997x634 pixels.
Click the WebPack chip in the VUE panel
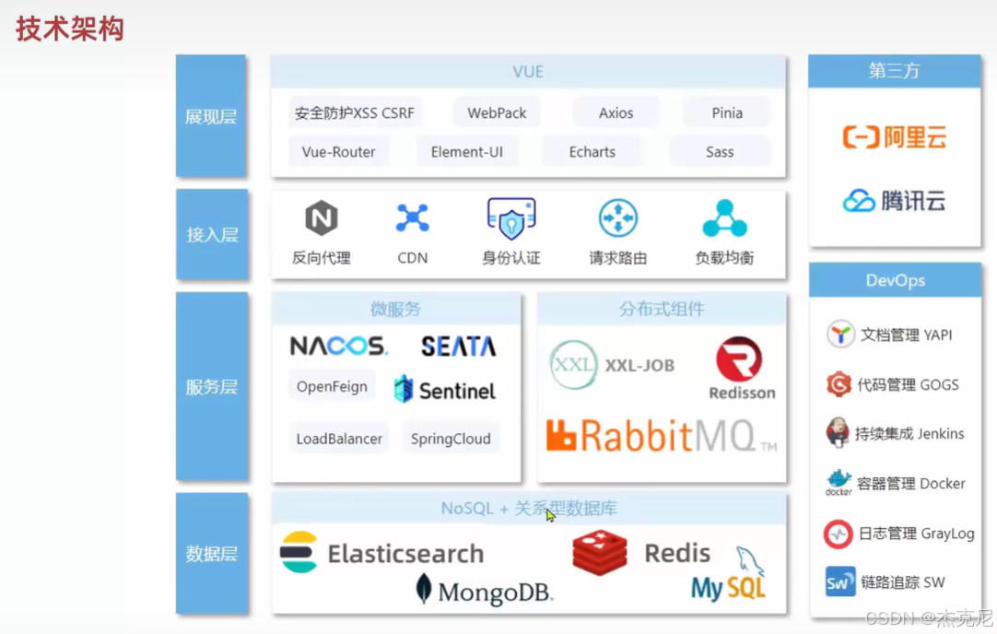[x=497, y=113]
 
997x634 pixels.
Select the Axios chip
[x=616, y=113]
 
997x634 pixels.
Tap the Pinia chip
[x=727, y=113]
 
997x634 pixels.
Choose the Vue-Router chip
[x=338, y=152]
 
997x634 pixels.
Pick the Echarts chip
[x=592, y=152]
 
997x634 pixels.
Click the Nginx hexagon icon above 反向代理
[x=322, y=218]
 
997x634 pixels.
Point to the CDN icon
[x=412, y=218]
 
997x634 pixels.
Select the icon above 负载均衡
[x=724, y=218]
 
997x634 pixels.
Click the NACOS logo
[x=339, y=346]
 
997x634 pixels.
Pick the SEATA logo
[x=458, y=346]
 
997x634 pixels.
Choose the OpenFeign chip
[x=332, y=387]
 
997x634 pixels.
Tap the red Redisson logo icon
[x=739, y=359]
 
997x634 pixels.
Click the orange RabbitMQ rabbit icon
[x=561, y=436]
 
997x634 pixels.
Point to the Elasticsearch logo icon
[x=299, y=553]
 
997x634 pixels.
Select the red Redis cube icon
[x=600, y=553]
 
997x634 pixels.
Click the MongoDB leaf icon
[x=424, y=588]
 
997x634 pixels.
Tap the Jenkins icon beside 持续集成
[x=838, y=432]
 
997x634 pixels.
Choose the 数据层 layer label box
[x=212, y=554]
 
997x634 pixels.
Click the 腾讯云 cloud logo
[x=859, y=201]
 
